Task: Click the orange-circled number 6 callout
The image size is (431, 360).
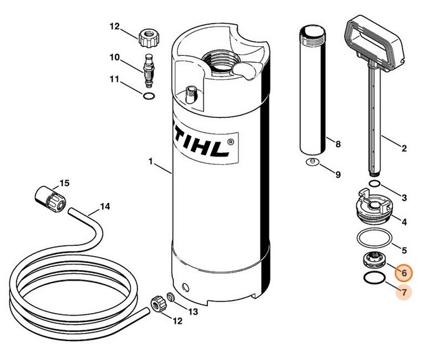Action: coord(404,273)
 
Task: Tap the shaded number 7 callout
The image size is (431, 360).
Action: coord(404,292)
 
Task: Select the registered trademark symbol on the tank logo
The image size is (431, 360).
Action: coord(231,142)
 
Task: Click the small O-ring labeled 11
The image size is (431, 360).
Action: coord(149,96)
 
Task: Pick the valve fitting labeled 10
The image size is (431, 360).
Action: coord(149,70)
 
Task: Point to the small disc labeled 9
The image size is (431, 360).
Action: coord(312,162)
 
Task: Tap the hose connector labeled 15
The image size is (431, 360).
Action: coord(51,199)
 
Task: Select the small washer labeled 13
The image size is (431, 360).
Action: coord(170,297)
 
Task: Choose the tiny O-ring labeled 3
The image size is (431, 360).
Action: coord(375,184)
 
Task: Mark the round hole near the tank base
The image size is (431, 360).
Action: coord(186,288)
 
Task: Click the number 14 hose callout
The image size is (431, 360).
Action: coord(105,207)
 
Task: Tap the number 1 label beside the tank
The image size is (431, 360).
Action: coord(150,162)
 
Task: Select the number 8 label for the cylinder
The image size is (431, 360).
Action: coord(338,144)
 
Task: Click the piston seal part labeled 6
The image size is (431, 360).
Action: coord(374,260)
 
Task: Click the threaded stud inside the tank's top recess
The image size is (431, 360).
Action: coord(191,94)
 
